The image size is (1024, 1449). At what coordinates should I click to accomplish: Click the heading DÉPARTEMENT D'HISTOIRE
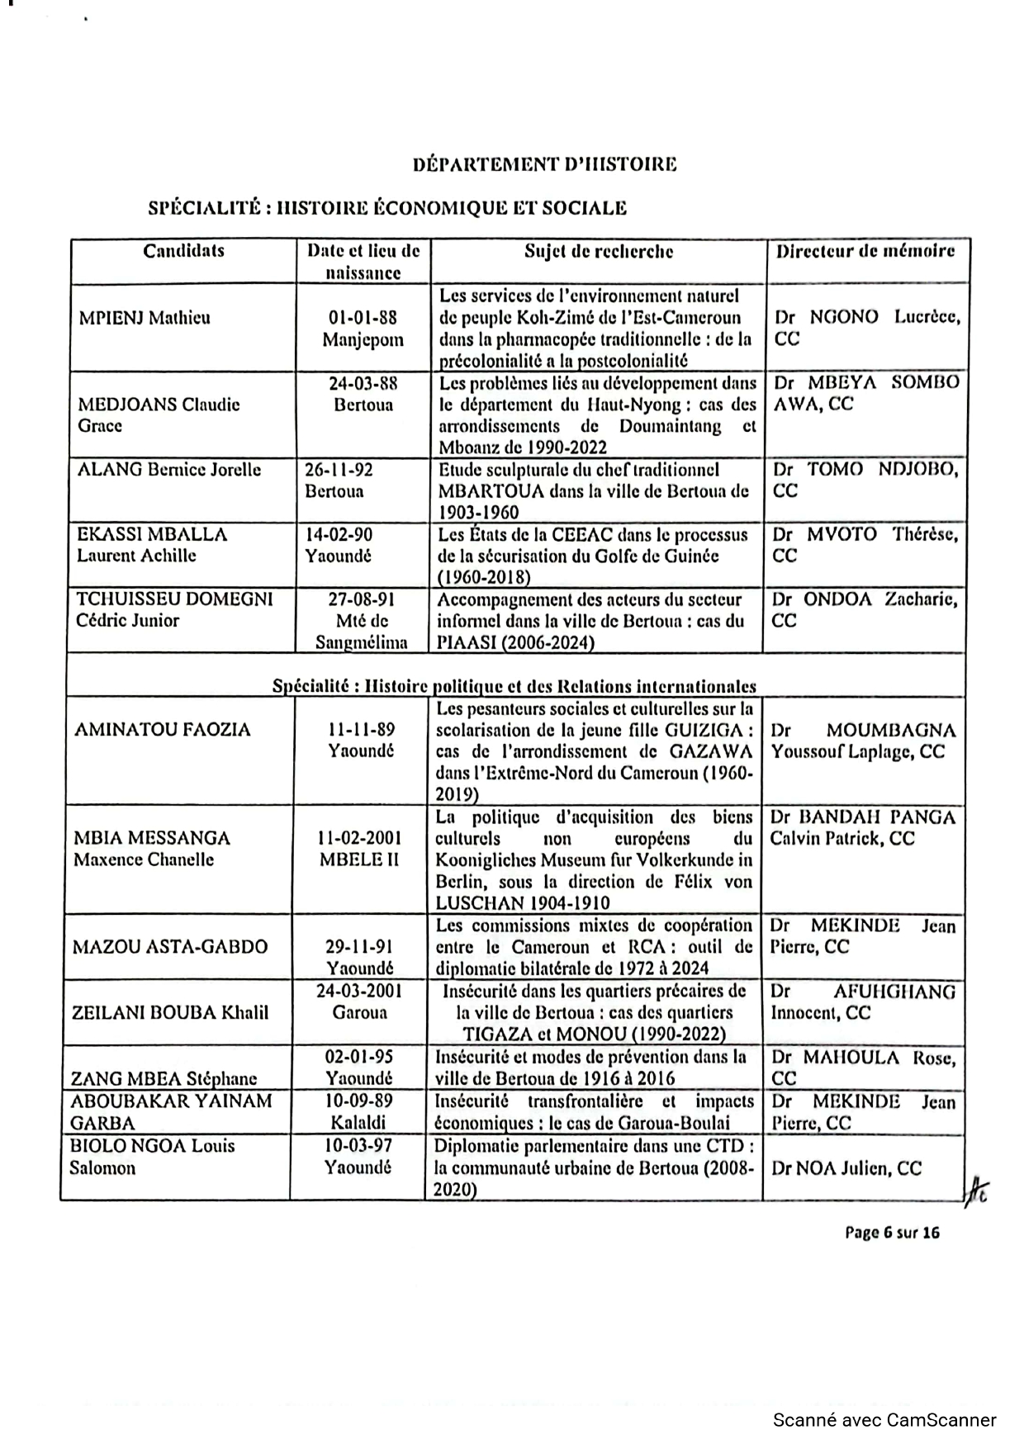coord(544,164)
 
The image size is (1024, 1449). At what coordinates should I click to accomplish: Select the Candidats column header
coord(183,251)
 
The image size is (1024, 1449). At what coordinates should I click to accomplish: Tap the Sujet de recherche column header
coord(599,251)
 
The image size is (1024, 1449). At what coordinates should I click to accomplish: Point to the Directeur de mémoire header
coord(865,251)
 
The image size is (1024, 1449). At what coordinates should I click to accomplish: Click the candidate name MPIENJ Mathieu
coord(144,318)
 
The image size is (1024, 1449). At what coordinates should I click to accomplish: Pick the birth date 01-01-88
coord(363,318)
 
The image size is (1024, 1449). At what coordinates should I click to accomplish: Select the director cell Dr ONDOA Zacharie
coord(865,610)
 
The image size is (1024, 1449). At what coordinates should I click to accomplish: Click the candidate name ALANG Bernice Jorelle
coord(168,470)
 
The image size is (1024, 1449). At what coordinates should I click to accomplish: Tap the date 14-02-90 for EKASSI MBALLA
coord(339,534)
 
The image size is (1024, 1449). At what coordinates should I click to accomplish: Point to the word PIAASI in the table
coord(467,642)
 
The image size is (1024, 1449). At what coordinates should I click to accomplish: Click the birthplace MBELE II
coord(359,859)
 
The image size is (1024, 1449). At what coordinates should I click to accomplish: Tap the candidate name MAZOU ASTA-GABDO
coord(170,946)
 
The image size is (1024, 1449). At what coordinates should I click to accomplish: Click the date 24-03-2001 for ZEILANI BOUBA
coord(359,991)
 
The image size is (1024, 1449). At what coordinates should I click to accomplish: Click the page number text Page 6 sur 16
coord(892,1233)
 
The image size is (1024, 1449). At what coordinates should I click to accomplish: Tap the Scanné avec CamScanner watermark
coord(884,1420)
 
